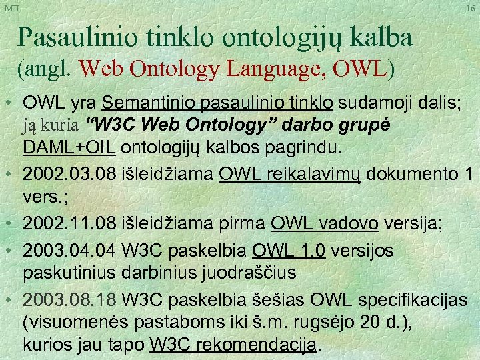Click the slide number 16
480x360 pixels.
click(471, 9)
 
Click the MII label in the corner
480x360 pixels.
click(11, 8)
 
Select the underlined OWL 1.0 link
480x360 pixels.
click(289, 251)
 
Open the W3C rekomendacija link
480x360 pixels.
click(235, 345)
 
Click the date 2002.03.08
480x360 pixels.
click(69, 175)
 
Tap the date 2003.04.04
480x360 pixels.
click(69, 251)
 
